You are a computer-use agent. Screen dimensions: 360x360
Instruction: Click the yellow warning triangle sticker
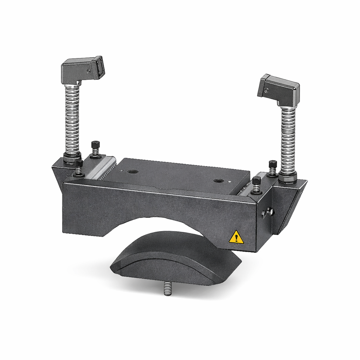[x=236, y=238]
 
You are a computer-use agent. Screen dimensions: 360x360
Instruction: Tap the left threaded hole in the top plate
[x=133, y=172]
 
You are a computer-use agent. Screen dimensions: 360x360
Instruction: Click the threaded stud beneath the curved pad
[x=168, y=289]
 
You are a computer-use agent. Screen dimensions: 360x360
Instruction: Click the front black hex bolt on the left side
[x=79, y=167]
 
